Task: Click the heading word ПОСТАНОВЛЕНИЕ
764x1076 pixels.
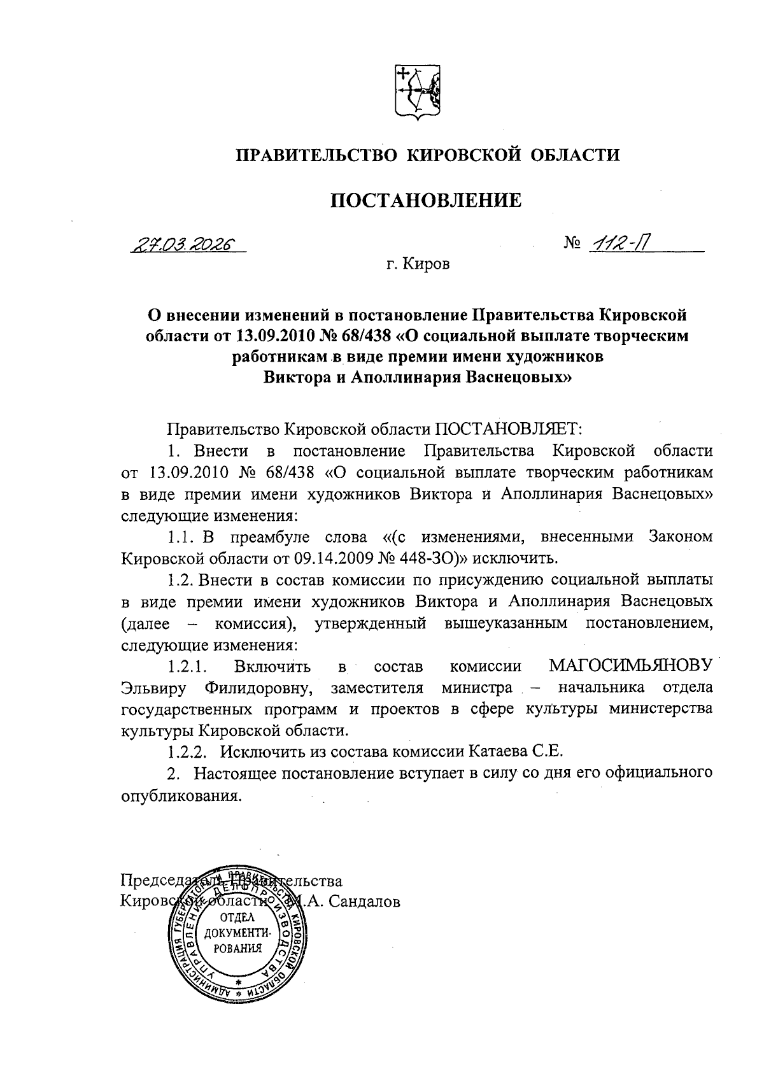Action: pos(425,201)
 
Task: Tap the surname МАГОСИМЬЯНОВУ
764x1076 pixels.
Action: pos(631,666)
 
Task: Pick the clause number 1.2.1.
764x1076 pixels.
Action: pos(188,667)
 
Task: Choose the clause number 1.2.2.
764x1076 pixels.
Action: pos(188,752)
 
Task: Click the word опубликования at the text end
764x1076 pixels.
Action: pos(181,796)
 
